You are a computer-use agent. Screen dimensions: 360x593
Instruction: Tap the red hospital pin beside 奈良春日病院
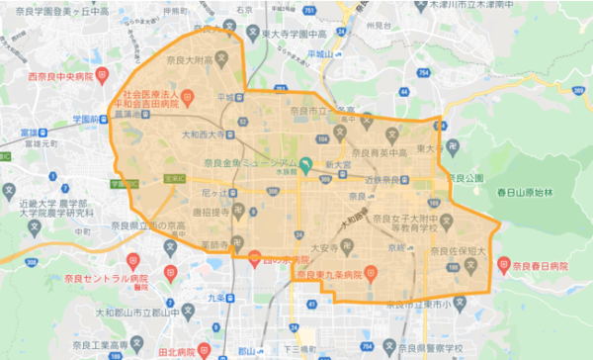click(504, 264)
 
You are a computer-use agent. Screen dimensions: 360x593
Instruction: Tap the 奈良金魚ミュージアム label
click(249, 163)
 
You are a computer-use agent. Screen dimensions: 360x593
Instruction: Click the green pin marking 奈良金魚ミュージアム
click(307, 165)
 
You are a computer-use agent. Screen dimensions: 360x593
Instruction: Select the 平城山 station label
click(324, 54)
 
